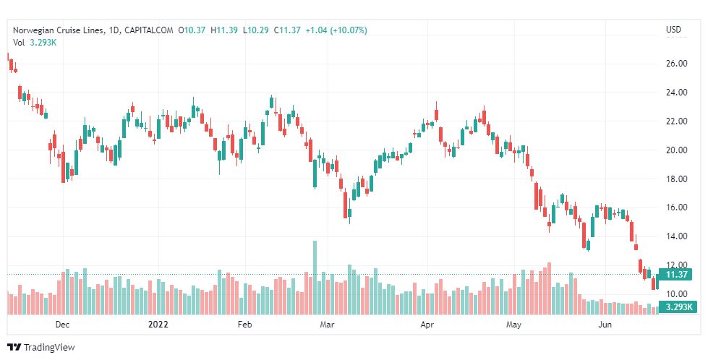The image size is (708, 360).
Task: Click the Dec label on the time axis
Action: click(62, 325)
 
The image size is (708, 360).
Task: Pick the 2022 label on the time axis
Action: click(158, 325)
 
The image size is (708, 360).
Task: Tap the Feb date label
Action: click(244, 325)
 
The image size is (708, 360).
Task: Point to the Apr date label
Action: click(427, 325)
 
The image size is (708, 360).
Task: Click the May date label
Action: click(513, 325)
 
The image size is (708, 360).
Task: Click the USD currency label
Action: click(673, 30)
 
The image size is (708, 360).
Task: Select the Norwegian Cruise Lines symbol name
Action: click(58, 30)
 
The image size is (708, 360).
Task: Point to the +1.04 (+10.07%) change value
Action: click(336, 30)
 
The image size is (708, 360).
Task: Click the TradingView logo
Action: click(41, 348)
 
